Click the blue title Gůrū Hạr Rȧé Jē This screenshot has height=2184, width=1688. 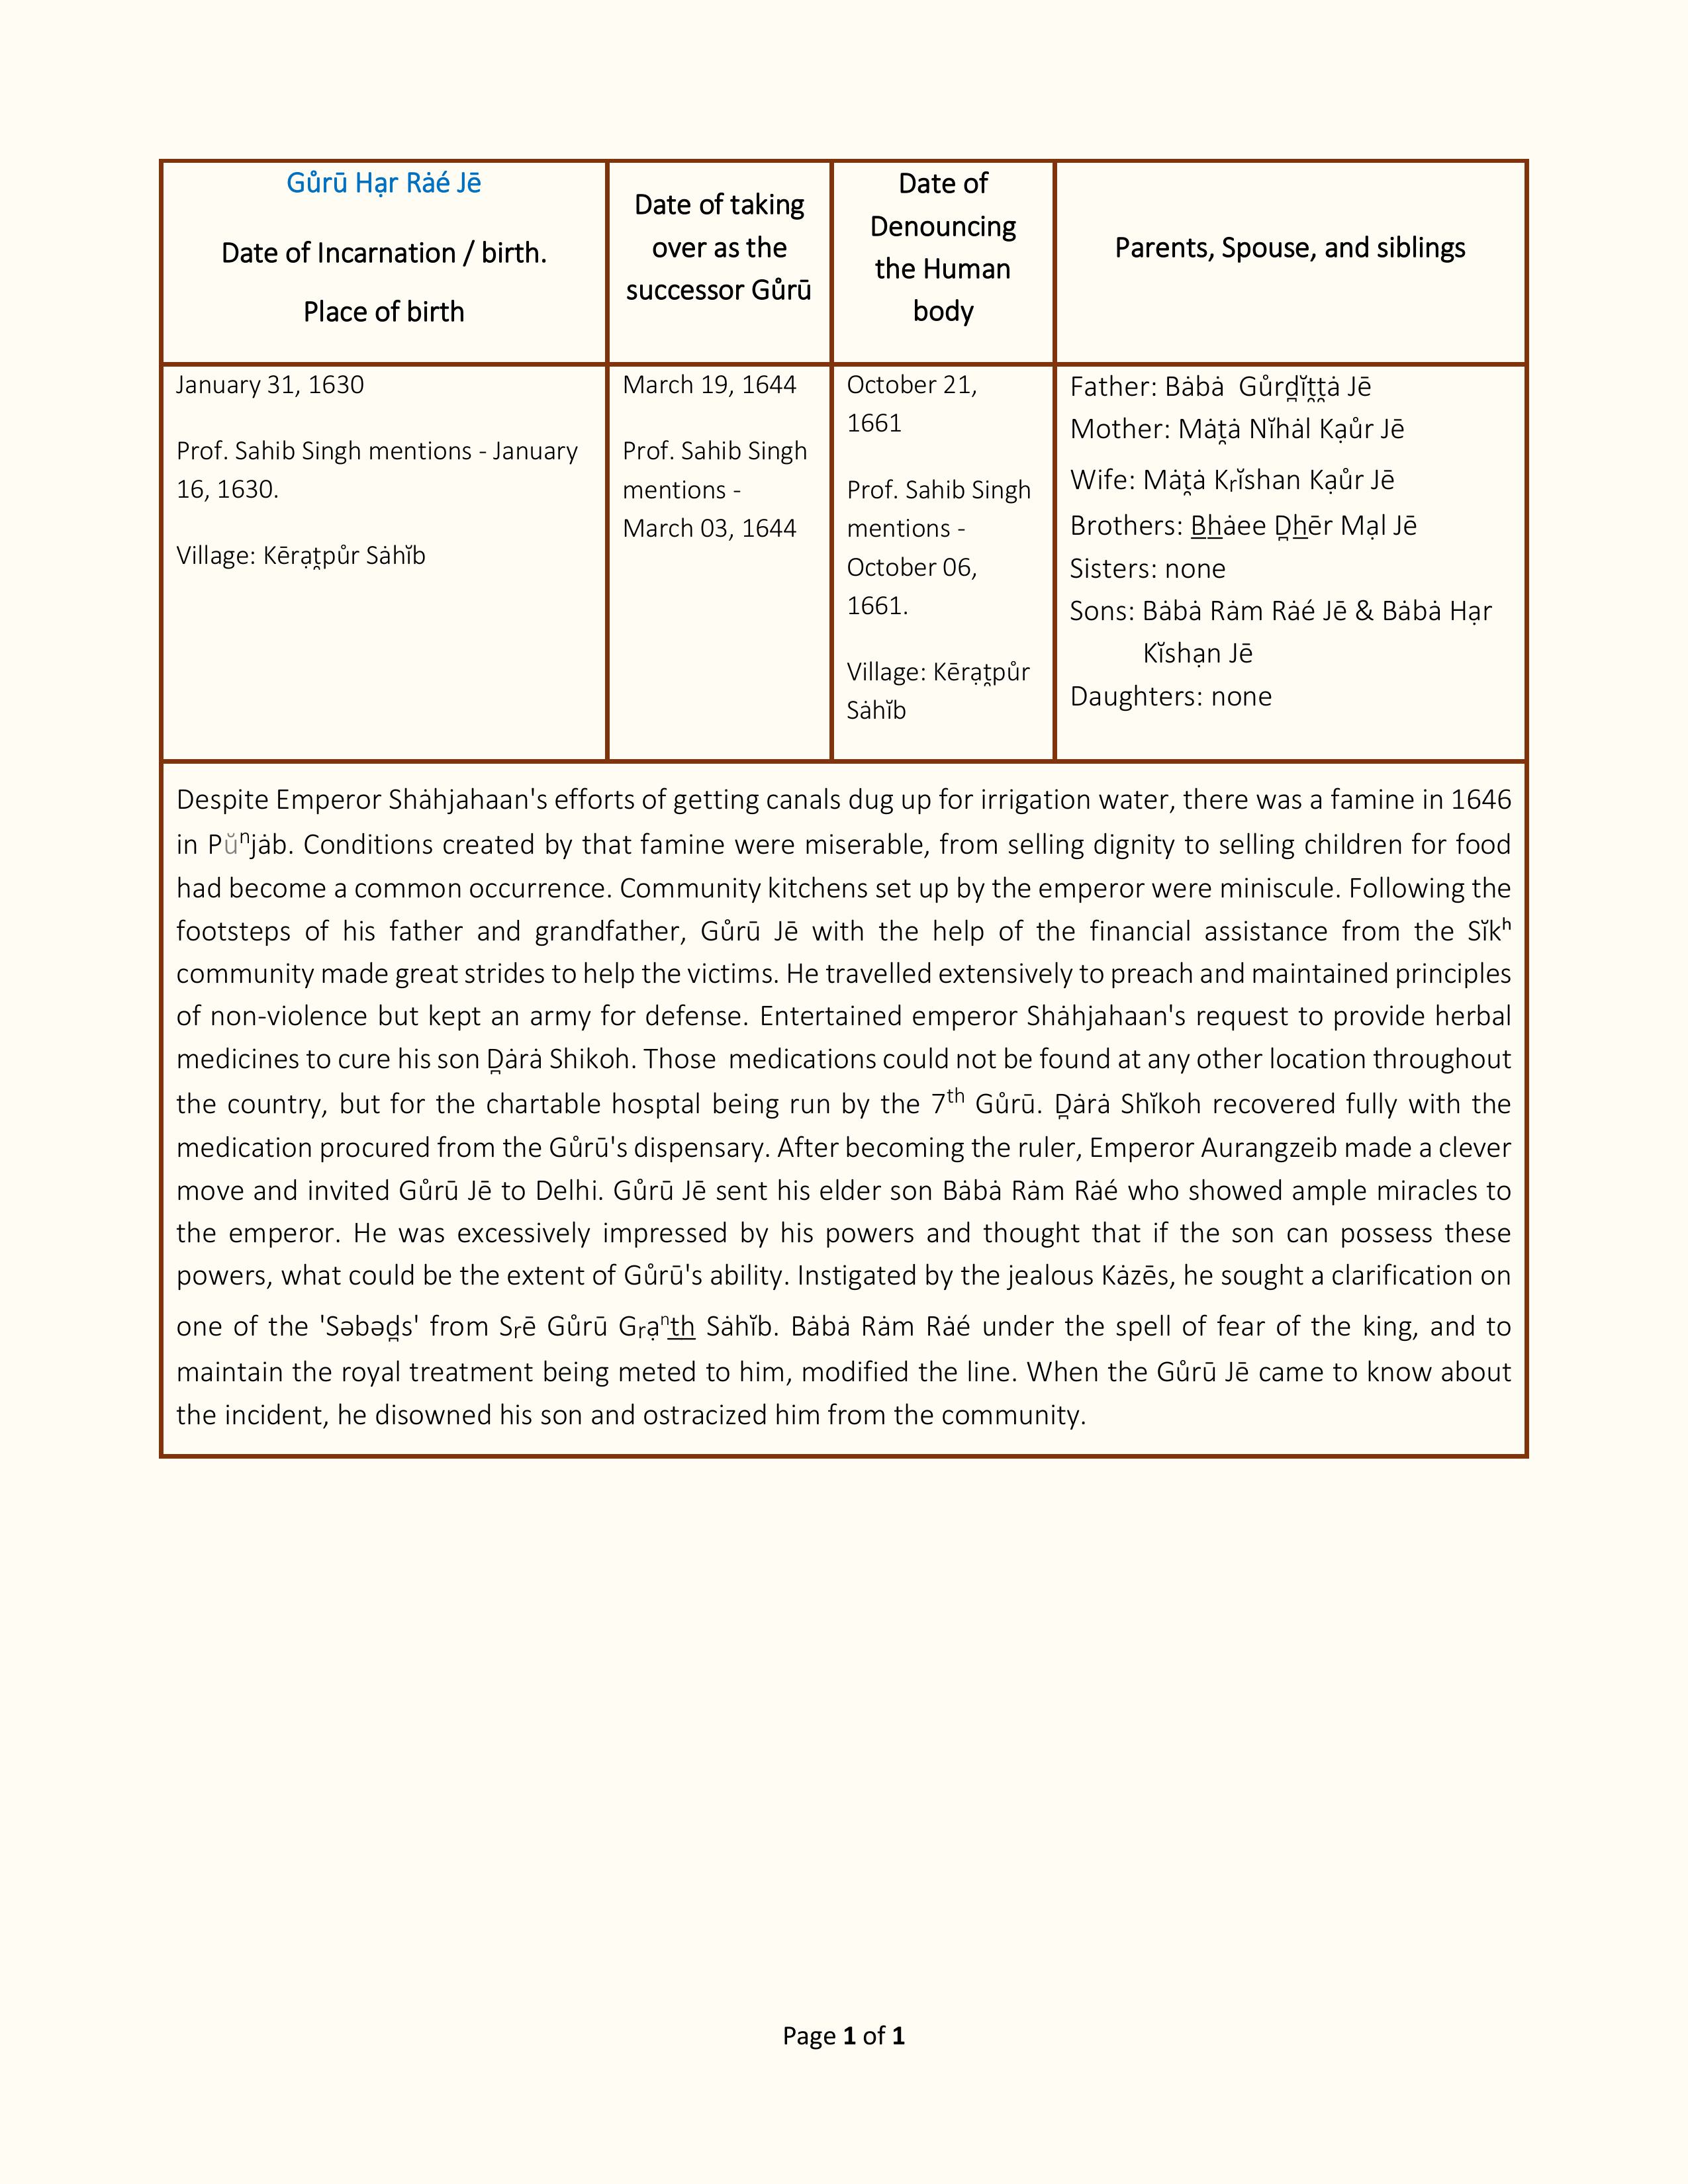(x=384, y=184)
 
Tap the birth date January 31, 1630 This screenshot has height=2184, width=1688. (x=270, y=385)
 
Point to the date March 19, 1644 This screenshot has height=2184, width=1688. (x=709, y=385)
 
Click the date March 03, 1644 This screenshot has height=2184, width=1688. (x=709, y=528)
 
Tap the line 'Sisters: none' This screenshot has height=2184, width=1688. (x=1147, y=569)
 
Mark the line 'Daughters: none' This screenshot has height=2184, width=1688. (x=1170, y=697)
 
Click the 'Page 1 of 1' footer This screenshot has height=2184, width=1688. (x=843, y=2036)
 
